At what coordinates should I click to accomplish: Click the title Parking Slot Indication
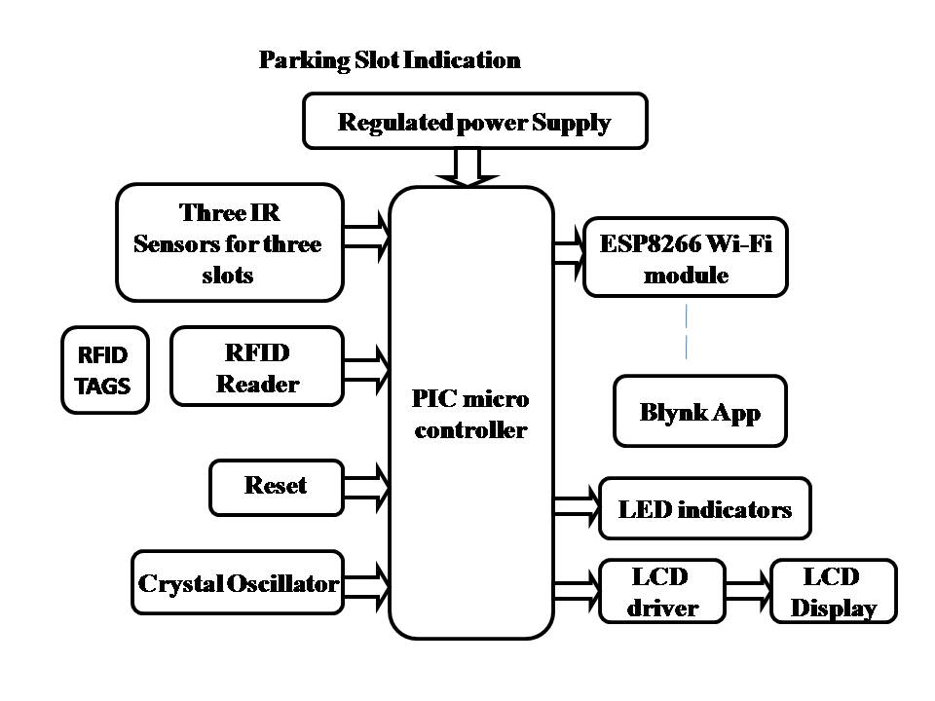tap(390, 60)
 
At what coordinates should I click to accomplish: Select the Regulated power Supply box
tap(474, 121)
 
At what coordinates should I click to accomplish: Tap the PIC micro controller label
tap(470, 415)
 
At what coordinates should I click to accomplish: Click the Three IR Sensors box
tap(230, 242)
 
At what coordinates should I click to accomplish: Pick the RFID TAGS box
tap(104, 370)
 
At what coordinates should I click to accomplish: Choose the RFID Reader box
tap(257, 367)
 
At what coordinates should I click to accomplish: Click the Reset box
tap(276, 488)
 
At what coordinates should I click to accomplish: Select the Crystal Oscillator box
tap(238, 582)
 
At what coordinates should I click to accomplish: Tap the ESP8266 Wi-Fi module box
tap(685, 257)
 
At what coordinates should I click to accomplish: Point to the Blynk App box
tap(700, 411)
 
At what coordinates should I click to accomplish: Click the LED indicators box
tap(705, 508)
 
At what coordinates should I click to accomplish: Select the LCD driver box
tap(662, 591)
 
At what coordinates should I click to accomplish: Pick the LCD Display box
tap(834, 591)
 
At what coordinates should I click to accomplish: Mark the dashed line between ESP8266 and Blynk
tap(686, 331)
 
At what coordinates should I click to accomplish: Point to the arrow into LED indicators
tap(577, 506)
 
